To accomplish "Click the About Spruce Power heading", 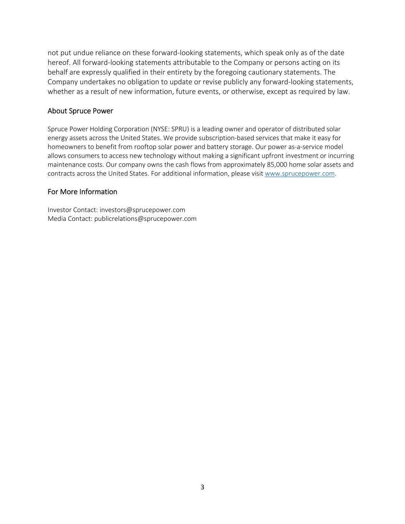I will [x=80, y=111].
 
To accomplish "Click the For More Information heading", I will [x=82, y=192].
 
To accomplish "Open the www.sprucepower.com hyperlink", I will [x=299, y=174].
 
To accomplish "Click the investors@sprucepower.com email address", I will [x=142, y=210].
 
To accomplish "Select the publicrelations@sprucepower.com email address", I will [x=145, y=219].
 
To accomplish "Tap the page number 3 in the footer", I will [x=202, y=487].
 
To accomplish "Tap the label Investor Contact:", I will [x=73, y=210].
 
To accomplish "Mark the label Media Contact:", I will [x=70, y=219].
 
